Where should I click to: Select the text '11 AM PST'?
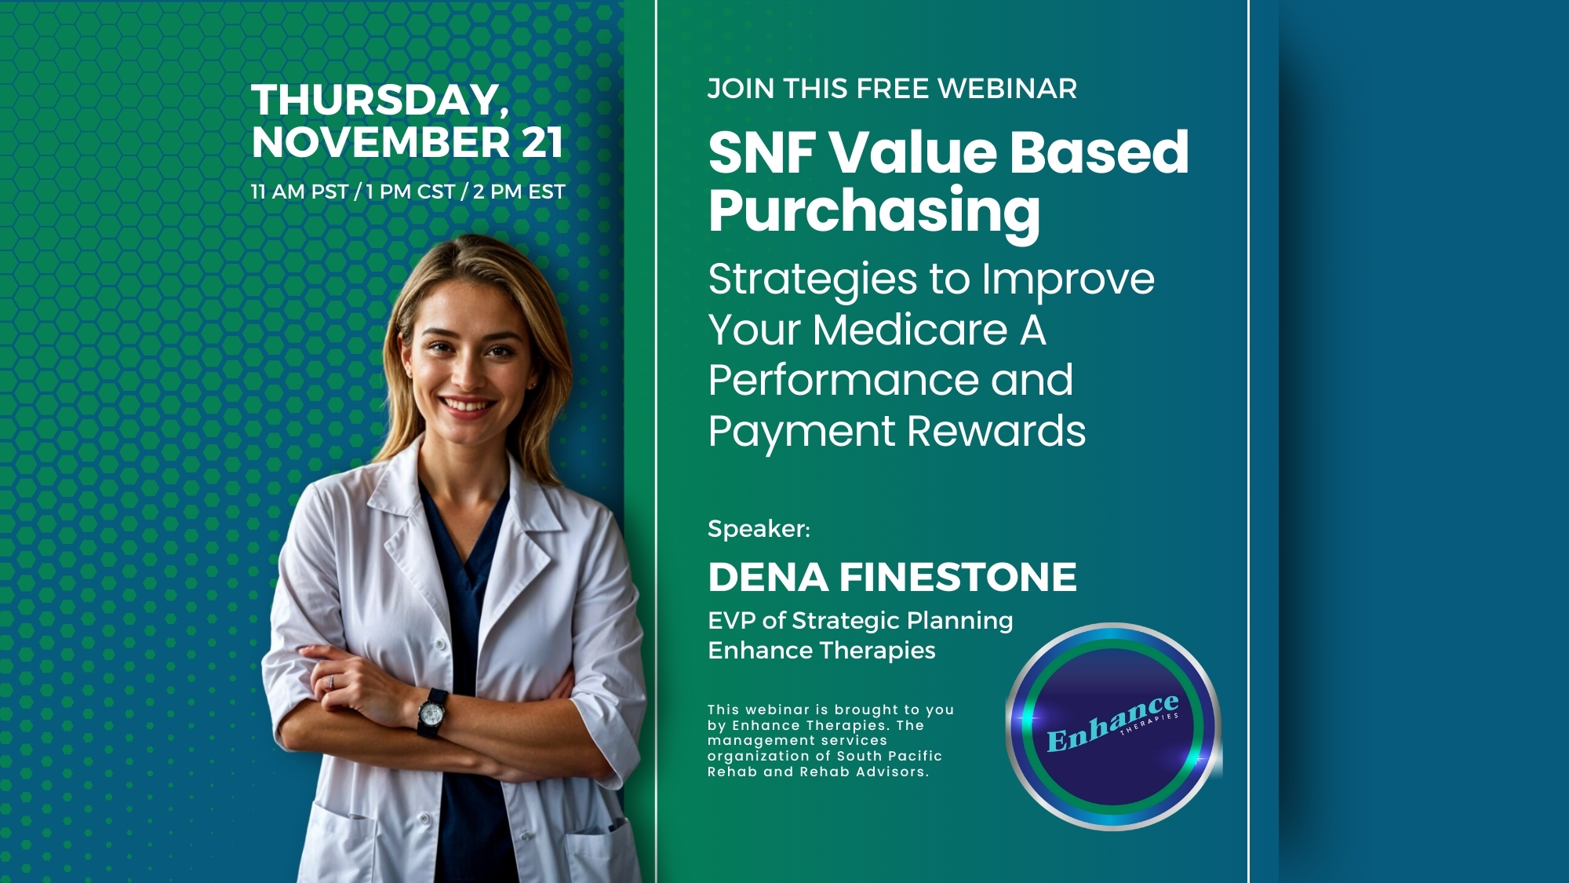(x=300, y=192)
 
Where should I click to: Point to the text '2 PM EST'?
(x=519, y=192)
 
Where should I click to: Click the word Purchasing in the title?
(x=874, y=212)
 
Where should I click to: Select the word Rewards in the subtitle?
(x=996, y=431)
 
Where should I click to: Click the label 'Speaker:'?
(x=759, y=529)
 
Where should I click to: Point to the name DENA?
(x=768, y=578)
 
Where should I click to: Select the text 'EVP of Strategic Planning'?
(x=861, y=621)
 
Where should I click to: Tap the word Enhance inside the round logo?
(x=1112, y=723)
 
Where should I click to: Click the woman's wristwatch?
(x=431, y=713)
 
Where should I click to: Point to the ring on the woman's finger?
(x=331, y=682)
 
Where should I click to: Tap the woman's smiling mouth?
(x=468, y=407)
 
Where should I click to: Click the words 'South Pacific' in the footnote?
(x=890, y=756)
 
